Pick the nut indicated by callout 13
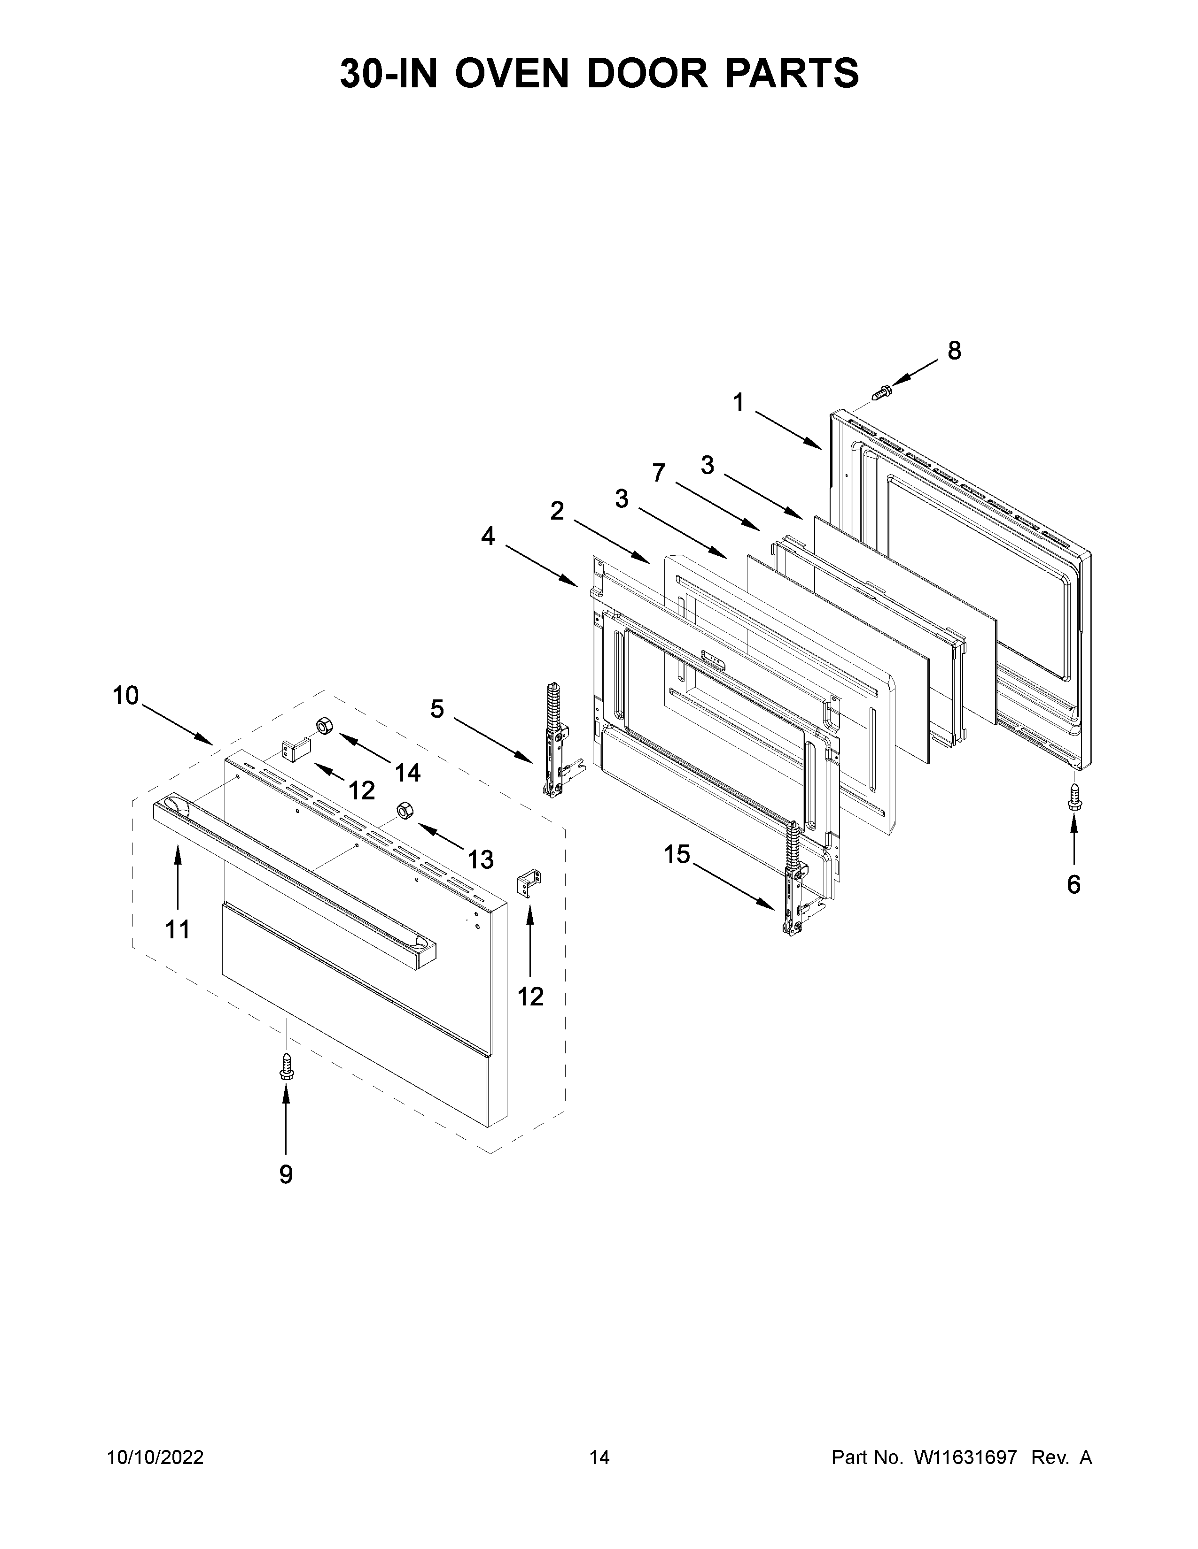pyautogui.click(x=405, y=810)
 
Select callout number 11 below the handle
pyautogui.click(x=178, y=928)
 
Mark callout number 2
pyautogui.click(x=557, y=511)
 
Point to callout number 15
pyautogui.click(x=677, y=855)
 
